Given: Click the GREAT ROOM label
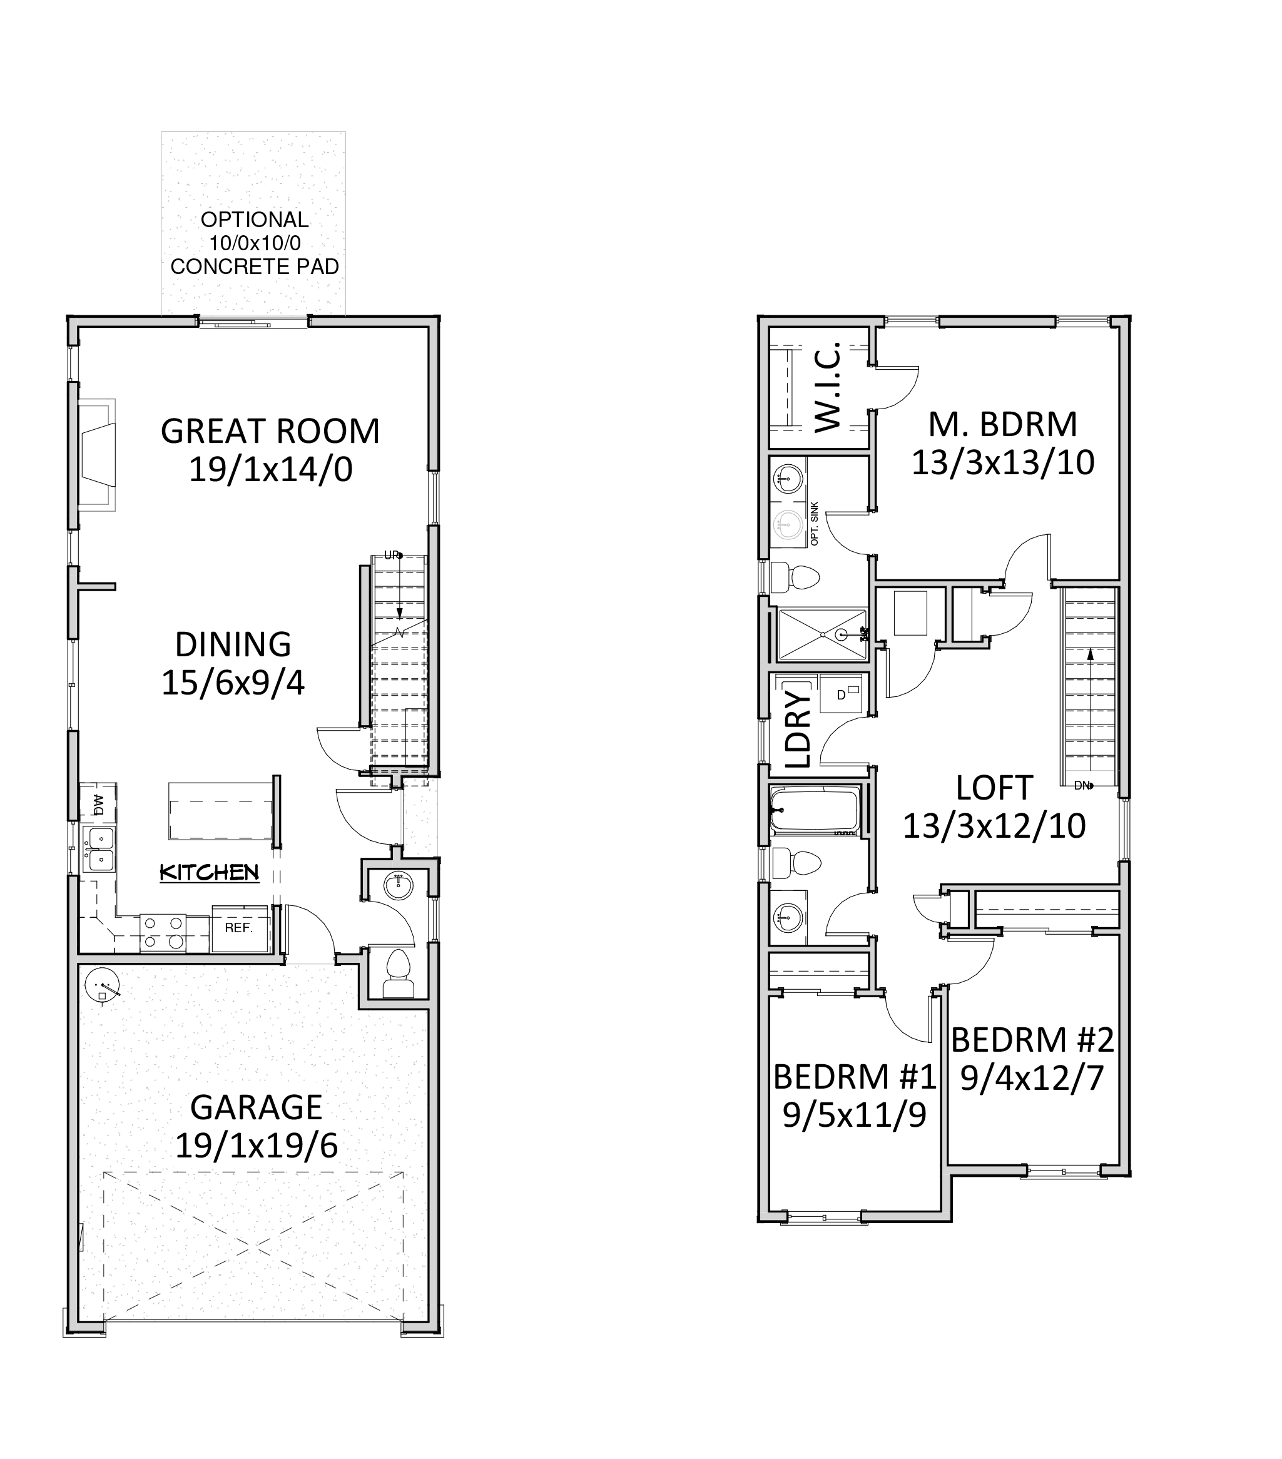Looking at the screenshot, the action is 270,431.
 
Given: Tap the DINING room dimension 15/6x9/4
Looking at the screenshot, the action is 233,683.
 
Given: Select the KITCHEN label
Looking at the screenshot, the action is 209,872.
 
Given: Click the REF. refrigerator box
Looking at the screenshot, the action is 240,928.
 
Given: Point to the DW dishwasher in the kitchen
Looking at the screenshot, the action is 98,804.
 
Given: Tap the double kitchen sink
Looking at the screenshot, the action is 99,850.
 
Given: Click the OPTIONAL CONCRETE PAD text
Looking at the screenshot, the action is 255,243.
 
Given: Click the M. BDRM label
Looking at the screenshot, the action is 1002,425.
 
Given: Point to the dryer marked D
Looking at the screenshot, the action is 841,693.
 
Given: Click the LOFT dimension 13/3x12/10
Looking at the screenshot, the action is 994,826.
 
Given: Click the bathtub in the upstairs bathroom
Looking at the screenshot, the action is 814,810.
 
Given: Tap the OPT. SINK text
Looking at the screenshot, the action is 815,524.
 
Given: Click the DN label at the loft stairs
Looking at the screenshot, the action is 1082,786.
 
